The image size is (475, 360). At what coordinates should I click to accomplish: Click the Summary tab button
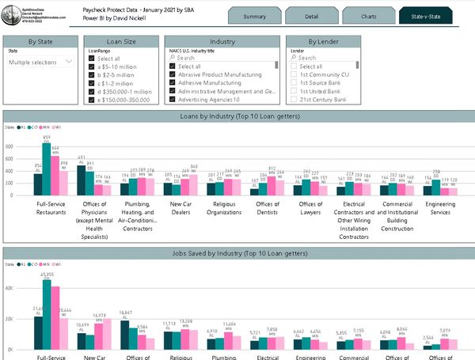point(255,16)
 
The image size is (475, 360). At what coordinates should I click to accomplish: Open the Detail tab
point(311,16)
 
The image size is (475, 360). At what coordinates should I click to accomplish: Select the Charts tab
point(368,16)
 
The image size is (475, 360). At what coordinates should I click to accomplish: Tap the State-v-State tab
point(427,16)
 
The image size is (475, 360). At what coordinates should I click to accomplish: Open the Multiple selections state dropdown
point(41,61)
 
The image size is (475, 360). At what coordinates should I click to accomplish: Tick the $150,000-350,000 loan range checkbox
point(93,100)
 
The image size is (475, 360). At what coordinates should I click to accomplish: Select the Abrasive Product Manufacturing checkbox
point(172,74)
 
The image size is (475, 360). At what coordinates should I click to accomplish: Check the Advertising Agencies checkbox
point(172,100)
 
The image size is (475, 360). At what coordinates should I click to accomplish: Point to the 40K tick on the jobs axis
point(10,289)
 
